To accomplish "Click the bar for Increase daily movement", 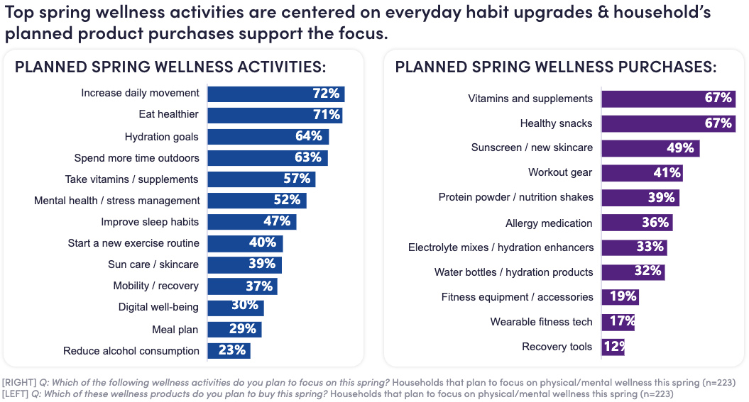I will pyautogui.click(x=275, y=94).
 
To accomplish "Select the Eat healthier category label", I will pyautogui.click(x=168, y=115).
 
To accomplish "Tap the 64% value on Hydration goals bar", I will pyautogui.click(x=309, y=136).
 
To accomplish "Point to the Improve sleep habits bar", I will pyautogui.click(x=251, y=222).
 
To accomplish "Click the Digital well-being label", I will pyautogui.click(x=158, y=308).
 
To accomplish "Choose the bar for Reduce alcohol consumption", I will pyautogui.click(x=229, y=351).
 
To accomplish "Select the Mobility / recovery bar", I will pyautogui.click(x=241, y=286).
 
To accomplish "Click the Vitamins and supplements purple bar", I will pyautogui.click(x=667, y=99).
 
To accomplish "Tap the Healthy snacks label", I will pyautogui.click(x=556, y=123).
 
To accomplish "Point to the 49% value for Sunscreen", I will pyautogui.click(x=680, y=148).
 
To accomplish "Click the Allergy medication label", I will pyautogui.click(x=549, y=223).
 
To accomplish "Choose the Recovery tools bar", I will pyautogui.click(x=613, y=347).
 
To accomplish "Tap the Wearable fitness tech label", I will pyautogui.click(x=541, y=322).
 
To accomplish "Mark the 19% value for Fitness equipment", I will pyautogui.click(x=623, y=297).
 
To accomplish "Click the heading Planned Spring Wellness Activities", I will pyautogui.click(x=170, y=67).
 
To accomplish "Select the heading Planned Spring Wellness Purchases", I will pyautogui.click(x=555, y=67).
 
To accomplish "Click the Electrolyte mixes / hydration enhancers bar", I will pyautogui.click(x=633, y=247).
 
